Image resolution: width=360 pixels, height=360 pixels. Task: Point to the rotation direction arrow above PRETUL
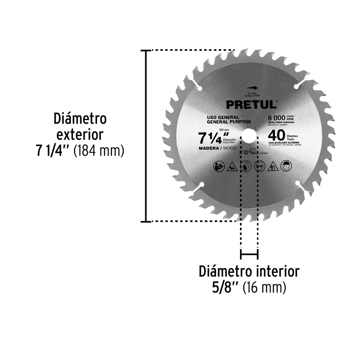coord(251,87)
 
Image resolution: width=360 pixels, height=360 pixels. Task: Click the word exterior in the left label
coord(80,134)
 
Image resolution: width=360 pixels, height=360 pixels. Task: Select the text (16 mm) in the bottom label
coord(264,288)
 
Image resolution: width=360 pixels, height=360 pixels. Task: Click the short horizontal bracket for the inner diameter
coord(249,255)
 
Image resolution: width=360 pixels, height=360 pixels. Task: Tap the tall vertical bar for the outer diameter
coord(145,135)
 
